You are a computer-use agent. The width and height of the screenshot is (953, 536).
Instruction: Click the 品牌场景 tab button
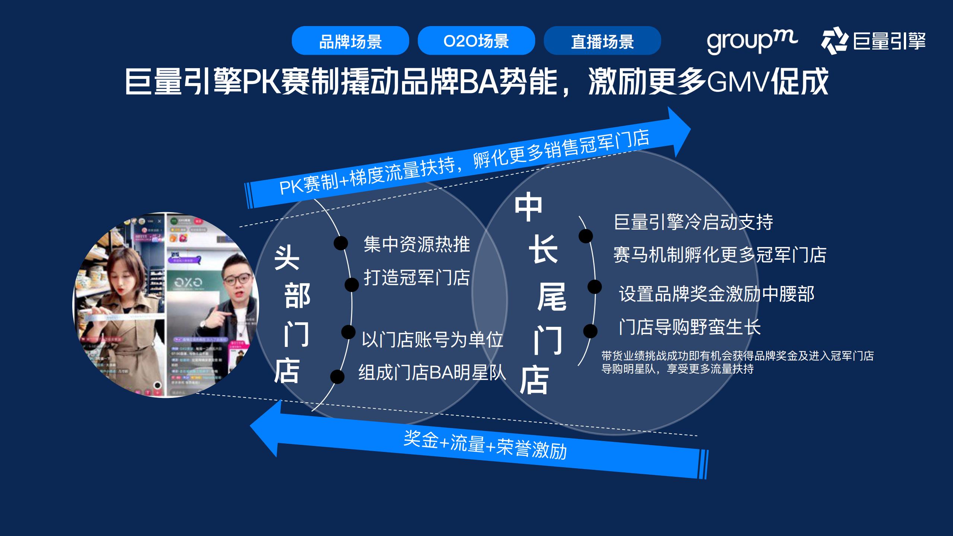click(x=350, y=41)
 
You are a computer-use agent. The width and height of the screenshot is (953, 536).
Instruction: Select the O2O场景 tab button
click(x=476, y=41)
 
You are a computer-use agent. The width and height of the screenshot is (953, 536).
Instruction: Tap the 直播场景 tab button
click(x=602, y=41)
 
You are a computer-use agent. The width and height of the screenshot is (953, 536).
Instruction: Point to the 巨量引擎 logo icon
click(x=833, y=41)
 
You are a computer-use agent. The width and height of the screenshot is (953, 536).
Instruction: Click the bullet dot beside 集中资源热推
click(x=341, y=243)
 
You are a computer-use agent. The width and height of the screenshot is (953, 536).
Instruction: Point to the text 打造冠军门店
click(x=417, y=278)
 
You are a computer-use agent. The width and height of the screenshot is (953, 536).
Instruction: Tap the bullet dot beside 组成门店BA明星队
click(x=337, y=377)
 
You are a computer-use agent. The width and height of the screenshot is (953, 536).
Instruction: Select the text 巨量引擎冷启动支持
click(x=693, y=222)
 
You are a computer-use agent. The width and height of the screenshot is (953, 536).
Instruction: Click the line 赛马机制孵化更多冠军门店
click(x=720, y=255)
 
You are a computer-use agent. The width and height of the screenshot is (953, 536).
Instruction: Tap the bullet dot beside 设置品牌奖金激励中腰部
click(x=595, y=287)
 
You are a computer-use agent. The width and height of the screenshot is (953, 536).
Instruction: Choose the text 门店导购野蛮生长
click(x=690, y=327)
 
